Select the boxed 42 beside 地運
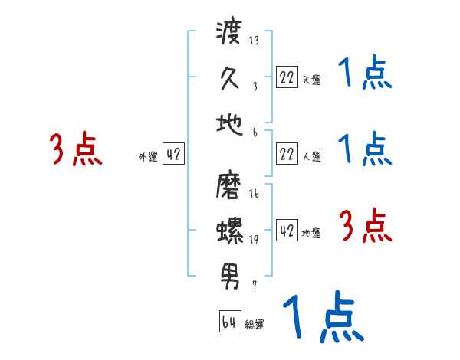point(287,231)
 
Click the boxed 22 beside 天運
point(287,77)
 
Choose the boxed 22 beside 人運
point(287,154)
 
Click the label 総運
point(255,325)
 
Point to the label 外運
point(148,156)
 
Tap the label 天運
point(311,79)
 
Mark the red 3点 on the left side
point(77,149)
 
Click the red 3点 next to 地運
point(366,226)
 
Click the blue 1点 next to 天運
point(364,74)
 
